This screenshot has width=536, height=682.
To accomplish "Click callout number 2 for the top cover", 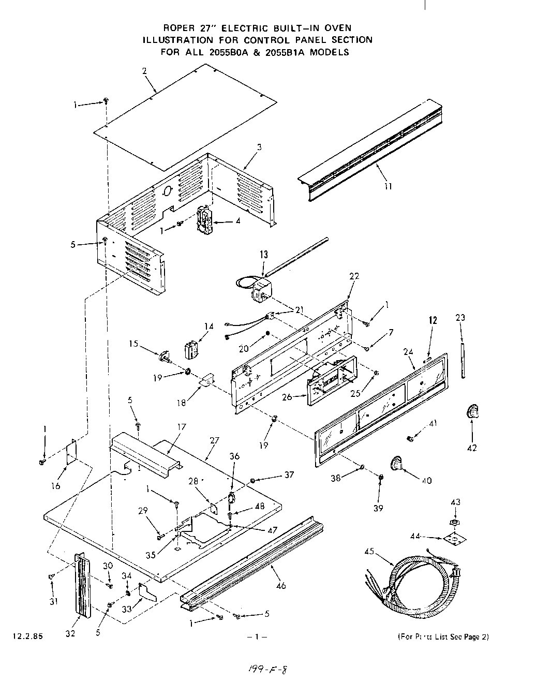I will pos(144,71).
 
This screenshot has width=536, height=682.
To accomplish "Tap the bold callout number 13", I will pos(264,254).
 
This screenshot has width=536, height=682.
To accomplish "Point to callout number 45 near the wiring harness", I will pos(368,551).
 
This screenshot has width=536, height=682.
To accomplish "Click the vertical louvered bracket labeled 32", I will pos(82,585).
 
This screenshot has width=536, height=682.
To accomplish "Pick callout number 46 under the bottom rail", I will pos(281,586).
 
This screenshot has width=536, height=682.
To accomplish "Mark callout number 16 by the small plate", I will pos(56,485).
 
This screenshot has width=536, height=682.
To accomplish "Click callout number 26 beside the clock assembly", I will pos(287,397).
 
